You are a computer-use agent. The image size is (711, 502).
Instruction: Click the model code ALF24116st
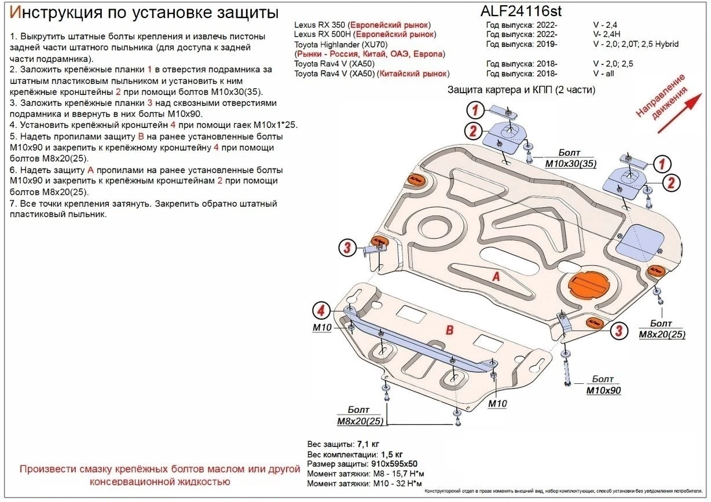click(521, 11)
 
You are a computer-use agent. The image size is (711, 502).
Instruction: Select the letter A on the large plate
click(496, 277)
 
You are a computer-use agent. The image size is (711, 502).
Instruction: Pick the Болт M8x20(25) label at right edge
click(661, 329)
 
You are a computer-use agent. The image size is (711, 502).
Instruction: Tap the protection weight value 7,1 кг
click(369, 444)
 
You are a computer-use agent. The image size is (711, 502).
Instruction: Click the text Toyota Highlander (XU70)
click(340, 45)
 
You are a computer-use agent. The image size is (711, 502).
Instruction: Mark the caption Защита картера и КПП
click(521, 90)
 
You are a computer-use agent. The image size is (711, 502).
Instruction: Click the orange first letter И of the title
click(16, 12)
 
